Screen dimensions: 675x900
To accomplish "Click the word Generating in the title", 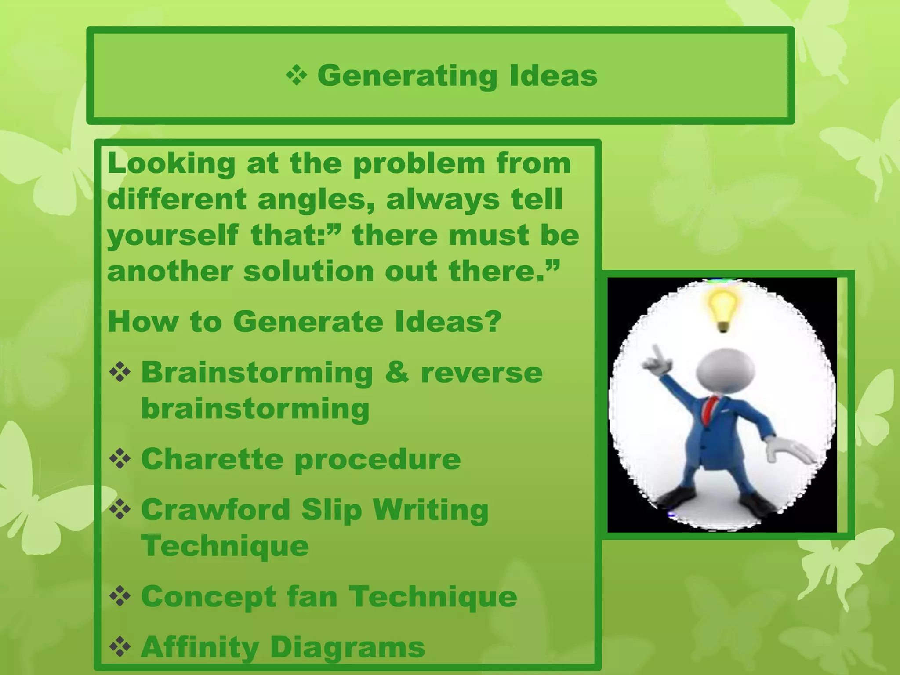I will click(407, 76).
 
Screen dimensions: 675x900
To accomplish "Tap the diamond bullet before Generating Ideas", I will click(297, 75).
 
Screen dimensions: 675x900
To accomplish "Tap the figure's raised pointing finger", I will click(657, 353).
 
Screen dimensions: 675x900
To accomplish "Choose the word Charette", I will click(212, 459).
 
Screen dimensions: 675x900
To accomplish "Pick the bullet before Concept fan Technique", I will click(120, 596).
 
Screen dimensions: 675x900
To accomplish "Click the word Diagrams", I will click(347, 647).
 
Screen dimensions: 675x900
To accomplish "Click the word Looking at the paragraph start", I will click(171, 163).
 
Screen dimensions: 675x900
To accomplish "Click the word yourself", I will click(173, 236).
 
